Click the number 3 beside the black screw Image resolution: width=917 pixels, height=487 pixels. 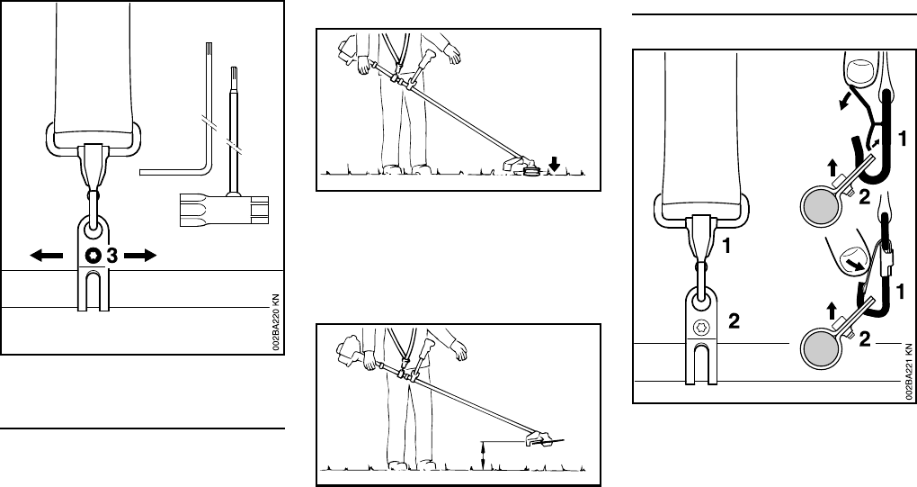coord(111,257)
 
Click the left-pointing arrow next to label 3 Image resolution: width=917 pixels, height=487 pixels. coord(47,257)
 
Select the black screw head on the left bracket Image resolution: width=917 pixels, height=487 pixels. coord(93,257)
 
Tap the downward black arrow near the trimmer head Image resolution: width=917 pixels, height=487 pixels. coord(555,163)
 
